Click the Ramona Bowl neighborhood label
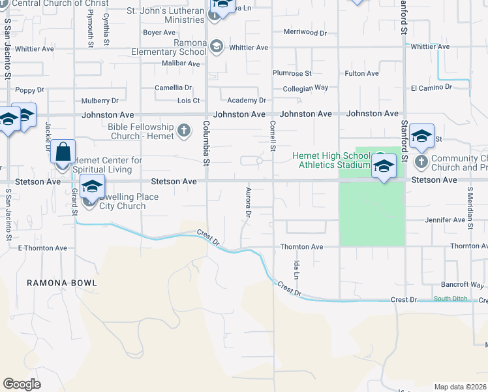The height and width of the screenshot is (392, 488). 62,283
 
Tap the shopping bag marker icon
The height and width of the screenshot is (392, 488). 63,152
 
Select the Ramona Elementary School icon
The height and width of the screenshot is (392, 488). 217,47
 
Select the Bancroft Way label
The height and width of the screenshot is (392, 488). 461,285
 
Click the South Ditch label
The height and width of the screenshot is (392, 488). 451,299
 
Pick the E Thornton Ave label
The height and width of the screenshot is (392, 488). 42,248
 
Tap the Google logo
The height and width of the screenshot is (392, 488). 22,384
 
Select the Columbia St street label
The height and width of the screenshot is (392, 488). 206,142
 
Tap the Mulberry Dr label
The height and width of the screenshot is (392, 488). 100,101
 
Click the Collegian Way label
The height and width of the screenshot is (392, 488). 305,88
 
